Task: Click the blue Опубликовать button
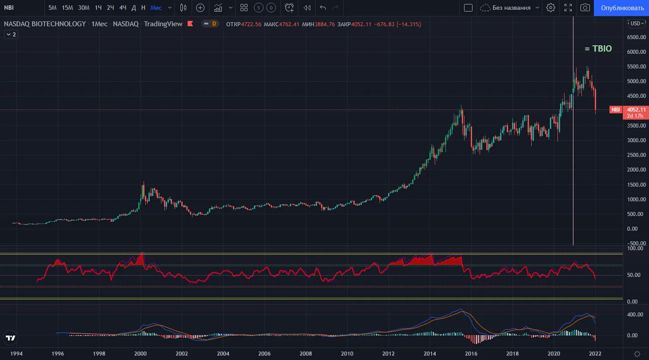(621, 8)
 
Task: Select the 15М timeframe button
(67, 8)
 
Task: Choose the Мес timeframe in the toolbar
(156, 8)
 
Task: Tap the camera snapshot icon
(585, 8)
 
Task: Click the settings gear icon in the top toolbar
(550, 8)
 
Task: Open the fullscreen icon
(568, 8)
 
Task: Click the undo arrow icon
(323, 8)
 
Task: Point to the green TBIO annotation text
(598, 48)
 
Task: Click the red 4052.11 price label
(636, 109)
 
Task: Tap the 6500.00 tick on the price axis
(636, 37)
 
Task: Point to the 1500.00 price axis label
(636, 184)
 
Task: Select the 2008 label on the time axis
(306, 354)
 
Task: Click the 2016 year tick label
(471, 354)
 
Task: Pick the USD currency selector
(637, 24)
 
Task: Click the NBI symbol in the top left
(9, 8)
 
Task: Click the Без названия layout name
(511, 8)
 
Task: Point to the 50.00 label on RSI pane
(633, 275)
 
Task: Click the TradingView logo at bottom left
(11, 338)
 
